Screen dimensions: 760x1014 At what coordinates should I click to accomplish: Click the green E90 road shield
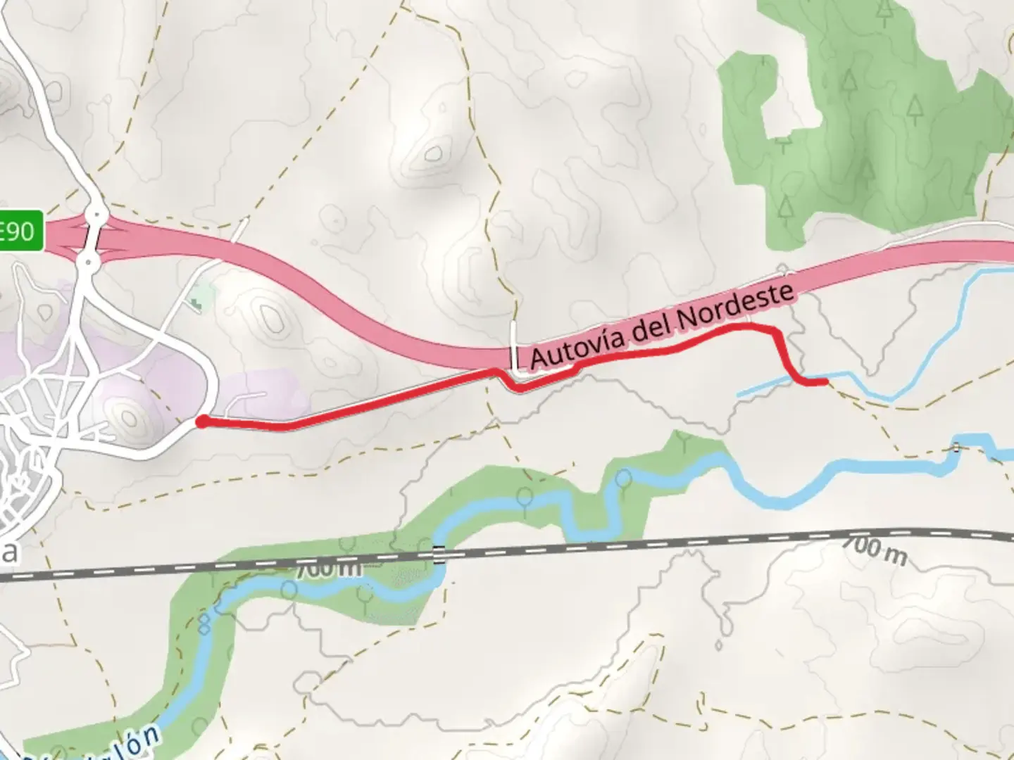click(x=20, y=230)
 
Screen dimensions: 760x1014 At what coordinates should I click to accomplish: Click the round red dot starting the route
click(x=201, y=422)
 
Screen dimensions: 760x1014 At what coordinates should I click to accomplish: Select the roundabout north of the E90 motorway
click(x=96, y=213)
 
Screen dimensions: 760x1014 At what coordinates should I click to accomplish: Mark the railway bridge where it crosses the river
click(x=439, y=555)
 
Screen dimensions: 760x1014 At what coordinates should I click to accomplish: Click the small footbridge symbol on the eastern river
click(x=956, y=447)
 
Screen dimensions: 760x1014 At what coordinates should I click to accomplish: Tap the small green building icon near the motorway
click(x=195, y=303)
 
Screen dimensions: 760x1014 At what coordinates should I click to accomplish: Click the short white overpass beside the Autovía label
click(x=515, y=346)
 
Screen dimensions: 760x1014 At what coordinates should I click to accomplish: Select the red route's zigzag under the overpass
click(x=508, y=381)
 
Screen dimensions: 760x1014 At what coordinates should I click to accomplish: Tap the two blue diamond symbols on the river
click(x=206, y=622)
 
